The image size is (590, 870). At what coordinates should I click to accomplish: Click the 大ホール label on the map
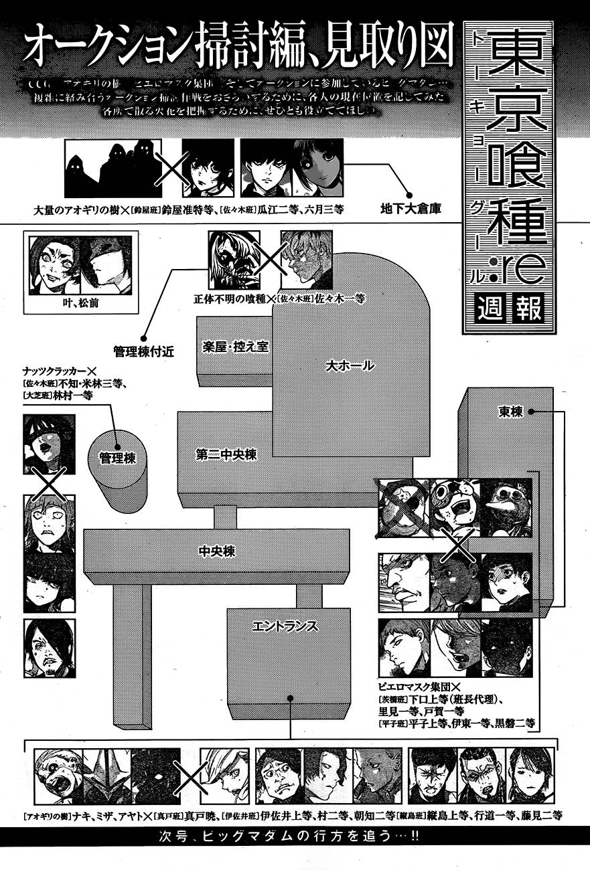(x=349, y=366)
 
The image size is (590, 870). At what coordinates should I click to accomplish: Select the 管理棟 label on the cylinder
(x=117, y=459)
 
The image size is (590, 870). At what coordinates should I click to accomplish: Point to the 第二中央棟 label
(x=227, y=454)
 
